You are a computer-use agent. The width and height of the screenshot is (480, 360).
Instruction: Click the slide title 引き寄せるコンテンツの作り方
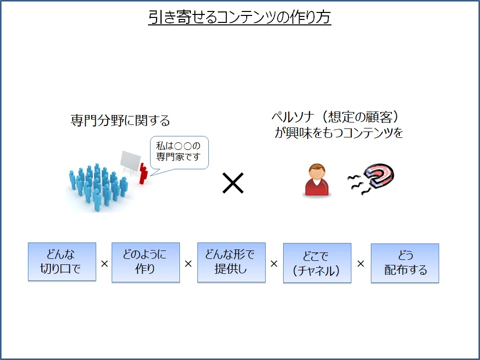(240, 17)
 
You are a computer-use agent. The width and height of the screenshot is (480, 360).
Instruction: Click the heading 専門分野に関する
(120, 120)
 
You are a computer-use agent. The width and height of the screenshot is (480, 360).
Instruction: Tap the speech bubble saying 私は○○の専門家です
(179, 153)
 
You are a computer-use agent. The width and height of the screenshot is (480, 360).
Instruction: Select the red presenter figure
(143, 173)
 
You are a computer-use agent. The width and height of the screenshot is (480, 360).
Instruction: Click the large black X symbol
(233, 183)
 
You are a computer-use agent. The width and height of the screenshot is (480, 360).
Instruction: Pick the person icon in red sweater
(317, 180)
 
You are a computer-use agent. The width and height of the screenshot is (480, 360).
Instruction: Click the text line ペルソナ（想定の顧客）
(335, 117)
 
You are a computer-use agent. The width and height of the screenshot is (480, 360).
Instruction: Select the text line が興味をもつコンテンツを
(338, 133)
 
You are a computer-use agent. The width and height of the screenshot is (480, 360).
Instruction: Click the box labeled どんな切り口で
(62, 262)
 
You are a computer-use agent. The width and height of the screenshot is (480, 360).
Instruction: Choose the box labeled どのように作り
(146, 262)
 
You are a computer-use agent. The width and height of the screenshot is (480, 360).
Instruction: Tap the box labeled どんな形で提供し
(231, 262)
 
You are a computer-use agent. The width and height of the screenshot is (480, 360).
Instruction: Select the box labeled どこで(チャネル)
(317, 263)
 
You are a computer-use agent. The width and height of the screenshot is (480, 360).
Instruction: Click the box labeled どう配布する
(405, 263)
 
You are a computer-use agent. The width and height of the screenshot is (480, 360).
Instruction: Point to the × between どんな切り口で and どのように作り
(104, 264)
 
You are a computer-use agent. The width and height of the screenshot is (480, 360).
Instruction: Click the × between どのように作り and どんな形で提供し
(188, 264)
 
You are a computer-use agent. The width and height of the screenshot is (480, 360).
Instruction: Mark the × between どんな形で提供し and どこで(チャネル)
(274, 264)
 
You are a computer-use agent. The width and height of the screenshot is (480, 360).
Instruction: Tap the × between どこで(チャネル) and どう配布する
(360, 264)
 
